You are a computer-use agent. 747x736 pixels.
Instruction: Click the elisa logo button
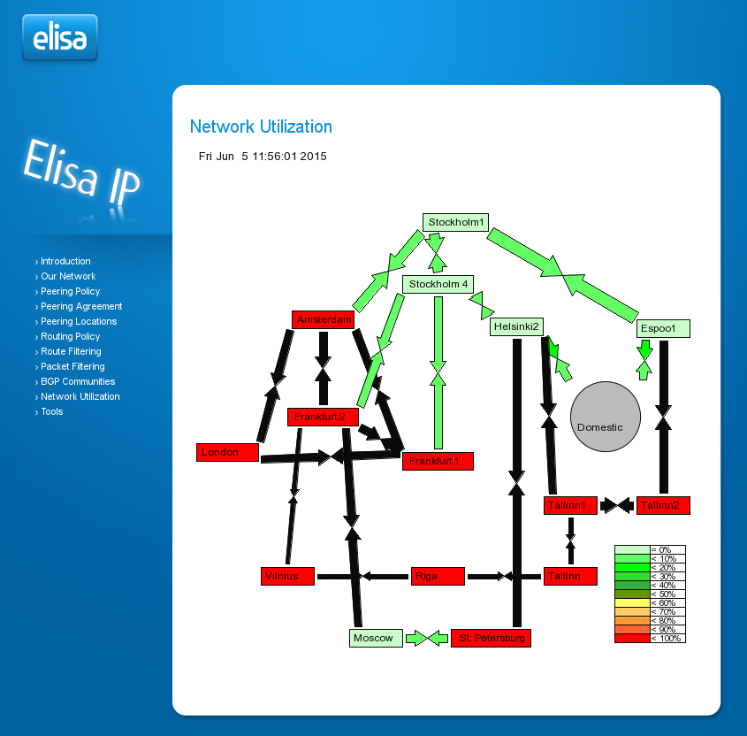pyautogui.click(x=59, y=38)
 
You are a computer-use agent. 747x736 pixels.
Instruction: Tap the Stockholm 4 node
pyautogui.click(x=438, y=284)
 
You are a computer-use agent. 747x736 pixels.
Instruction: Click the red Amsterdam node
pyautogui.click(x=323, y=319)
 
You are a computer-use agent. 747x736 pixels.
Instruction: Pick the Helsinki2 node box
pyautogui.click(x=516, y=327)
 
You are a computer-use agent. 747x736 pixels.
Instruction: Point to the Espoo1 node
pyautogui.click(x=663, y=329)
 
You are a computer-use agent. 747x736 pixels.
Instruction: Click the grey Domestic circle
pyautogui.click(x=605, y=417)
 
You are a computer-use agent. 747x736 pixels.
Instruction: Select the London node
pyautogui.click(x=227, y=453)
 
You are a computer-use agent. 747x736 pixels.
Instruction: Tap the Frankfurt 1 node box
pyautogui.click(x=438, y=461)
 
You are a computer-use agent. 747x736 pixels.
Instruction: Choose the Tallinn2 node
pyautogui.click(x=663, y=506)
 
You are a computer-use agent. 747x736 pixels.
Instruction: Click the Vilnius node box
pyautogui.click(x=288, y=577)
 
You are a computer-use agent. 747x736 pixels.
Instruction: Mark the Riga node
pyautogui.click(x=438, y=577)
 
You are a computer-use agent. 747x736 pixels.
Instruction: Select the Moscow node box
pyautogui.click(x=376, y=638)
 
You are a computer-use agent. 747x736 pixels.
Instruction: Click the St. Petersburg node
pyautogui.click(x=491, y=638)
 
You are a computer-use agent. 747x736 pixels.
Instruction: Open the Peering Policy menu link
pyautogui.click(x=71, y=291)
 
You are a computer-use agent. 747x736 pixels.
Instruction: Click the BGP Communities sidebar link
pyautogui.click(x=78, y=381)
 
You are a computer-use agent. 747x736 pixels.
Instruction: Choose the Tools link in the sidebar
pyautogui.click(x=52, y=411)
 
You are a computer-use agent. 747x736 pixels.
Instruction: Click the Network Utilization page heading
pyautogui.click(x=261, y=126)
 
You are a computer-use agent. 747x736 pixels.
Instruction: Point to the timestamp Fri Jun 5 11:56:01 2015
pyautogui.click(x=263, y=157)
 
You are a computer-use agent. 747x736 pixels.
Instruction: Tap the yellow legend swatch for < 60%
pyautogui.click(x=632, y=602)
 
